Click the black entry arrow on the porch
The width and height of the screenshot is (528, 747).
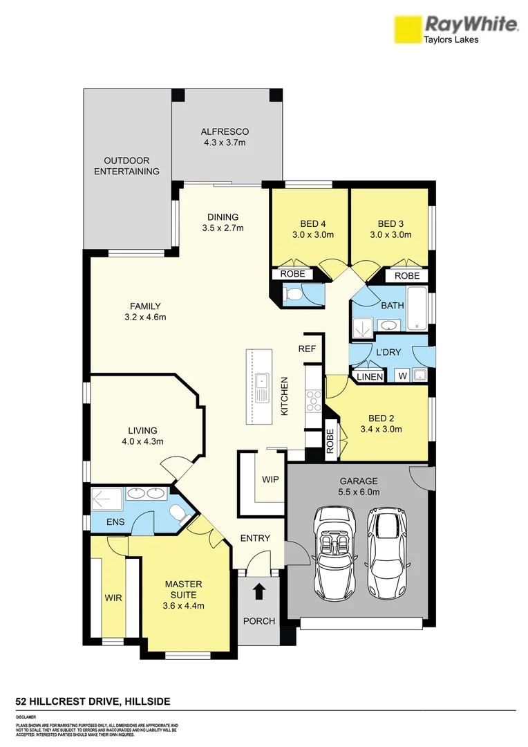(259, 591)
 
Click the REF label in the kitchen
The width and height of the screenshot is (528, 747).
(307, 349)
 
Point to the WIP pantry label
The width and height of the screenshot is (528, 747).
(270, 479)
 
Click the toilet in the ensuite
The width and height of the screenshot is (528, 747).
(178, 513)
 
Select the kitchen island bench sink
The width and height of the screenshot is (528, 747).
(263, 387)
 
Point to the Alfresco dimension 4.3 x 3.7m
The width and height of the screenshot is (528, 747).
(225, 142)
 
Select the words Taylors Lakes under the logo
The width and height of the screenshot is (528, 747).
(451, 39)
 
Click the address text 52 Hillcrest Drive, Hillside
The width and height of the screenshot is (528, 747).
(93, 701)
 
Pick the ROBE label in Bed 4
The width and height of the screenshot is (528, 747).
(292, 275)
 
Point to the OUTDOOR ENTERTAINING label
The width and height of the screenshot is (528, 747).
(126, 166)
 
